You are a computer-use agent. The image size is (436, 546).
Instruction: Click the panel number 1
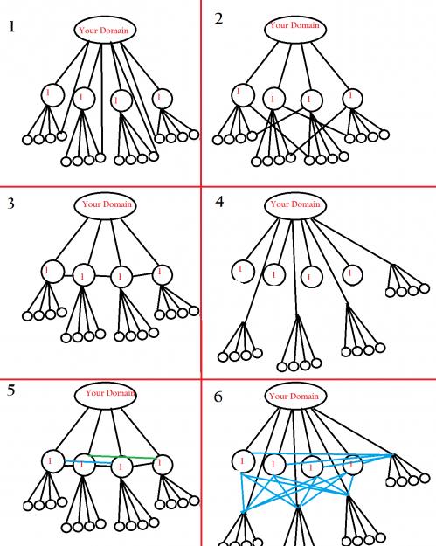[x=12, y=26]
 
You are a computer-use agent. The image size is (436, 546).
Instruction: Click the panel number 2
[x=218, y=18]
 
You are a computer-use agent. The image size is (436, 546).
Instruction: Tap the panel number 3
[x=11, y=204]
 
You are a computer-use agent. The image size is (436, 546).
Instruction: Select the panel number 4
[x=219, y=202]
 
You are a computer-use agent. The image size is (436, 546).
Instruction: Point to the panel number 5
[x=11, y=390]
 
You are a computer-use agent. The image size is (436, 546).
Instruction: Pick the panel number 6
[x=218, y=397]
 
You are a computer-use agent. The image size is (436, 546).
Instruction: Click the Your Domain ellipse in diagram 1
[x=105, y=30]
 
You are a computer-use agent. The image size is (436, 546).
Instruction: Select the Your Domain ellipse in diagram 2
[x=295, y=29]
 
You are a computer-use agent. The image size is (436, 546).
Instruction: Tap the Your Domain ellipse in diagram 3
[x=105, y=205]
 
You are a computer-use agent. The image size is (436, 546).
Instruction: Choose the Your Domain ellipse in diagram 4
[x=295, y=205]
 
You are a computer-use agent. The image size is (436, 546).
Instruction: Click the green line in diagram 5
[x=121, y=457]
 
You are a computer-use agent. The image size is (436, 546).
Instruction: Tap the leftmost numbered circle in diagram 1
[x=52, y=94]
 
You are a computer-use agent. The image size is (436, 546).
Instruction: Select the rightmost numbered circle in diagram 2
[x=352, y=99]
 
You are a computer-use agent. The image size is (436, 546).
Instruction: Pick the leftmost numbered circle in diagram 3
[x=52, y=272]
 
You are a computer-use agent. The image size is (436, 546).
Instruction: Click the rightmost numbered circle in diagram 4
[x=352, y=274]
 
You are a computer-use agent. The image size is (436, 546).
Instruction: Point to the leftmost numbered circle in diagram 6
[x=243, y=461]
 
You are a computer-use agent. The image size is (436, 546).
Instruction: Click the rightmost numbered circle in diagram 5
[x=163, y=465]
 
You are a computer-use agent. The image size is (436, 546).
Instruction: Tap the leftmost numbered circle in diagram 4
[x=243, y=272]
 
